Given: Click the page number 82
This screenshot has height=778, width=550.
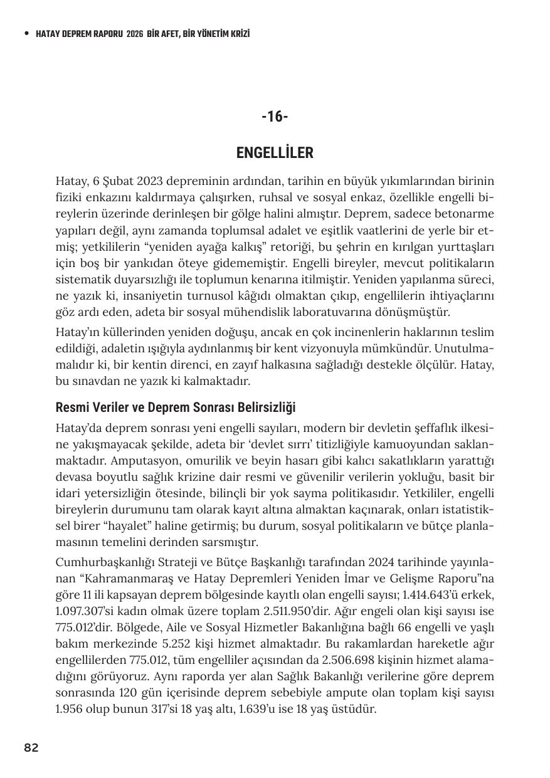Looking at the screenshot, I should click(x=31, y=747).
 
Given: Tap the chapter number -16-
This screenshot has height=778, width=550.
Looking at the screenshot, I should click(x=275, y=117).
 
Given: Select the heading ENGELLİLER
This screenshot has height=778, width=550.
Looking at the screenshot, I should click(x=275, y=153).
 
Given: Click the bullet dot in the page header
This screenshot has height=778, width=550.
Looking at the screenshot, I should click(x=26, y=34).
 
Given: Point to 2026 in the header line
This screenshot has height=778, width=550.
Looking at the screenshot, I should click(x=135, y=34).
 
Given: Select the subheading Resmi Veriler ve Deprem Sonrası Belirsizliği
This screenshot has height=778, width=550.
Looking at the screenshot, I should click(x=176, y=407).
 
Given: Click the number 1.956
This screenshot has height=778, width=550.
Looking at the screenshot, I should click(x=73, y=710).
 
